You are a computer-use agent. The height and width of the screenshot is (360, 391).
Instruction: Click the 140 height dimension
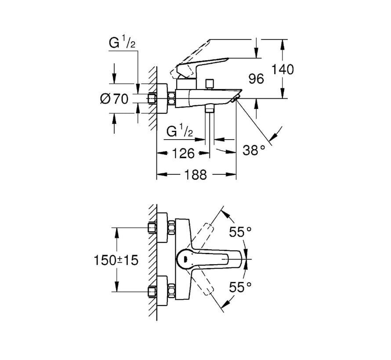(282, 69)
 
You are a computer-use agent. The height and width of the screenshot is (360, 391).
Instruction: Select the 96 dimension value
(256, 79)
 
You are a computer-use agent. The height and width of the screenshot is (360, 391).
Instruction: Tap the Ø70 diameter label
(114, 99)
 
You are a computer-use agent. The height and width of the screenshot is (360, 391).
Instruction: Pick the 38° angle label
(253, 150)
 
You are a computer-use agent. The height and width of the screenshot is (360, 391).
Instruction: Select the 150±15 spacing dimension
(116, 260)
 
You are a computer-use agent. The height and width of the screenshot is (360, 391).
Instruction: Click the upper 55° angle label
(240, 232)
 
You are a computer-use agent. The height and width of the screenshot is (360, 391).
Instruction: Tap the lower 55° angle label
(240, 287)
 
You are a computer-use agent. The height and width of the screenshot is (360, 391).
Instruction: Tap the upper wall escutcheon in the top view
(162, 227)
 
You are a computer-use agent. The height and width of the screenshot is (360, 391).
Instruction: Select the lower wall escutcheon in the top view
(162, 291)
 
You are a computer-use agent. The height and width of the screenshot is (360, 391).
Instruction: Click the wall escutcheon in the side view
(162, 99)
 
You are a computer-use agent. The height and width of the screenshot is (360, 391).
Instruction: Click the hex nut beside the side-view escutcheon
(172, 99)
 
